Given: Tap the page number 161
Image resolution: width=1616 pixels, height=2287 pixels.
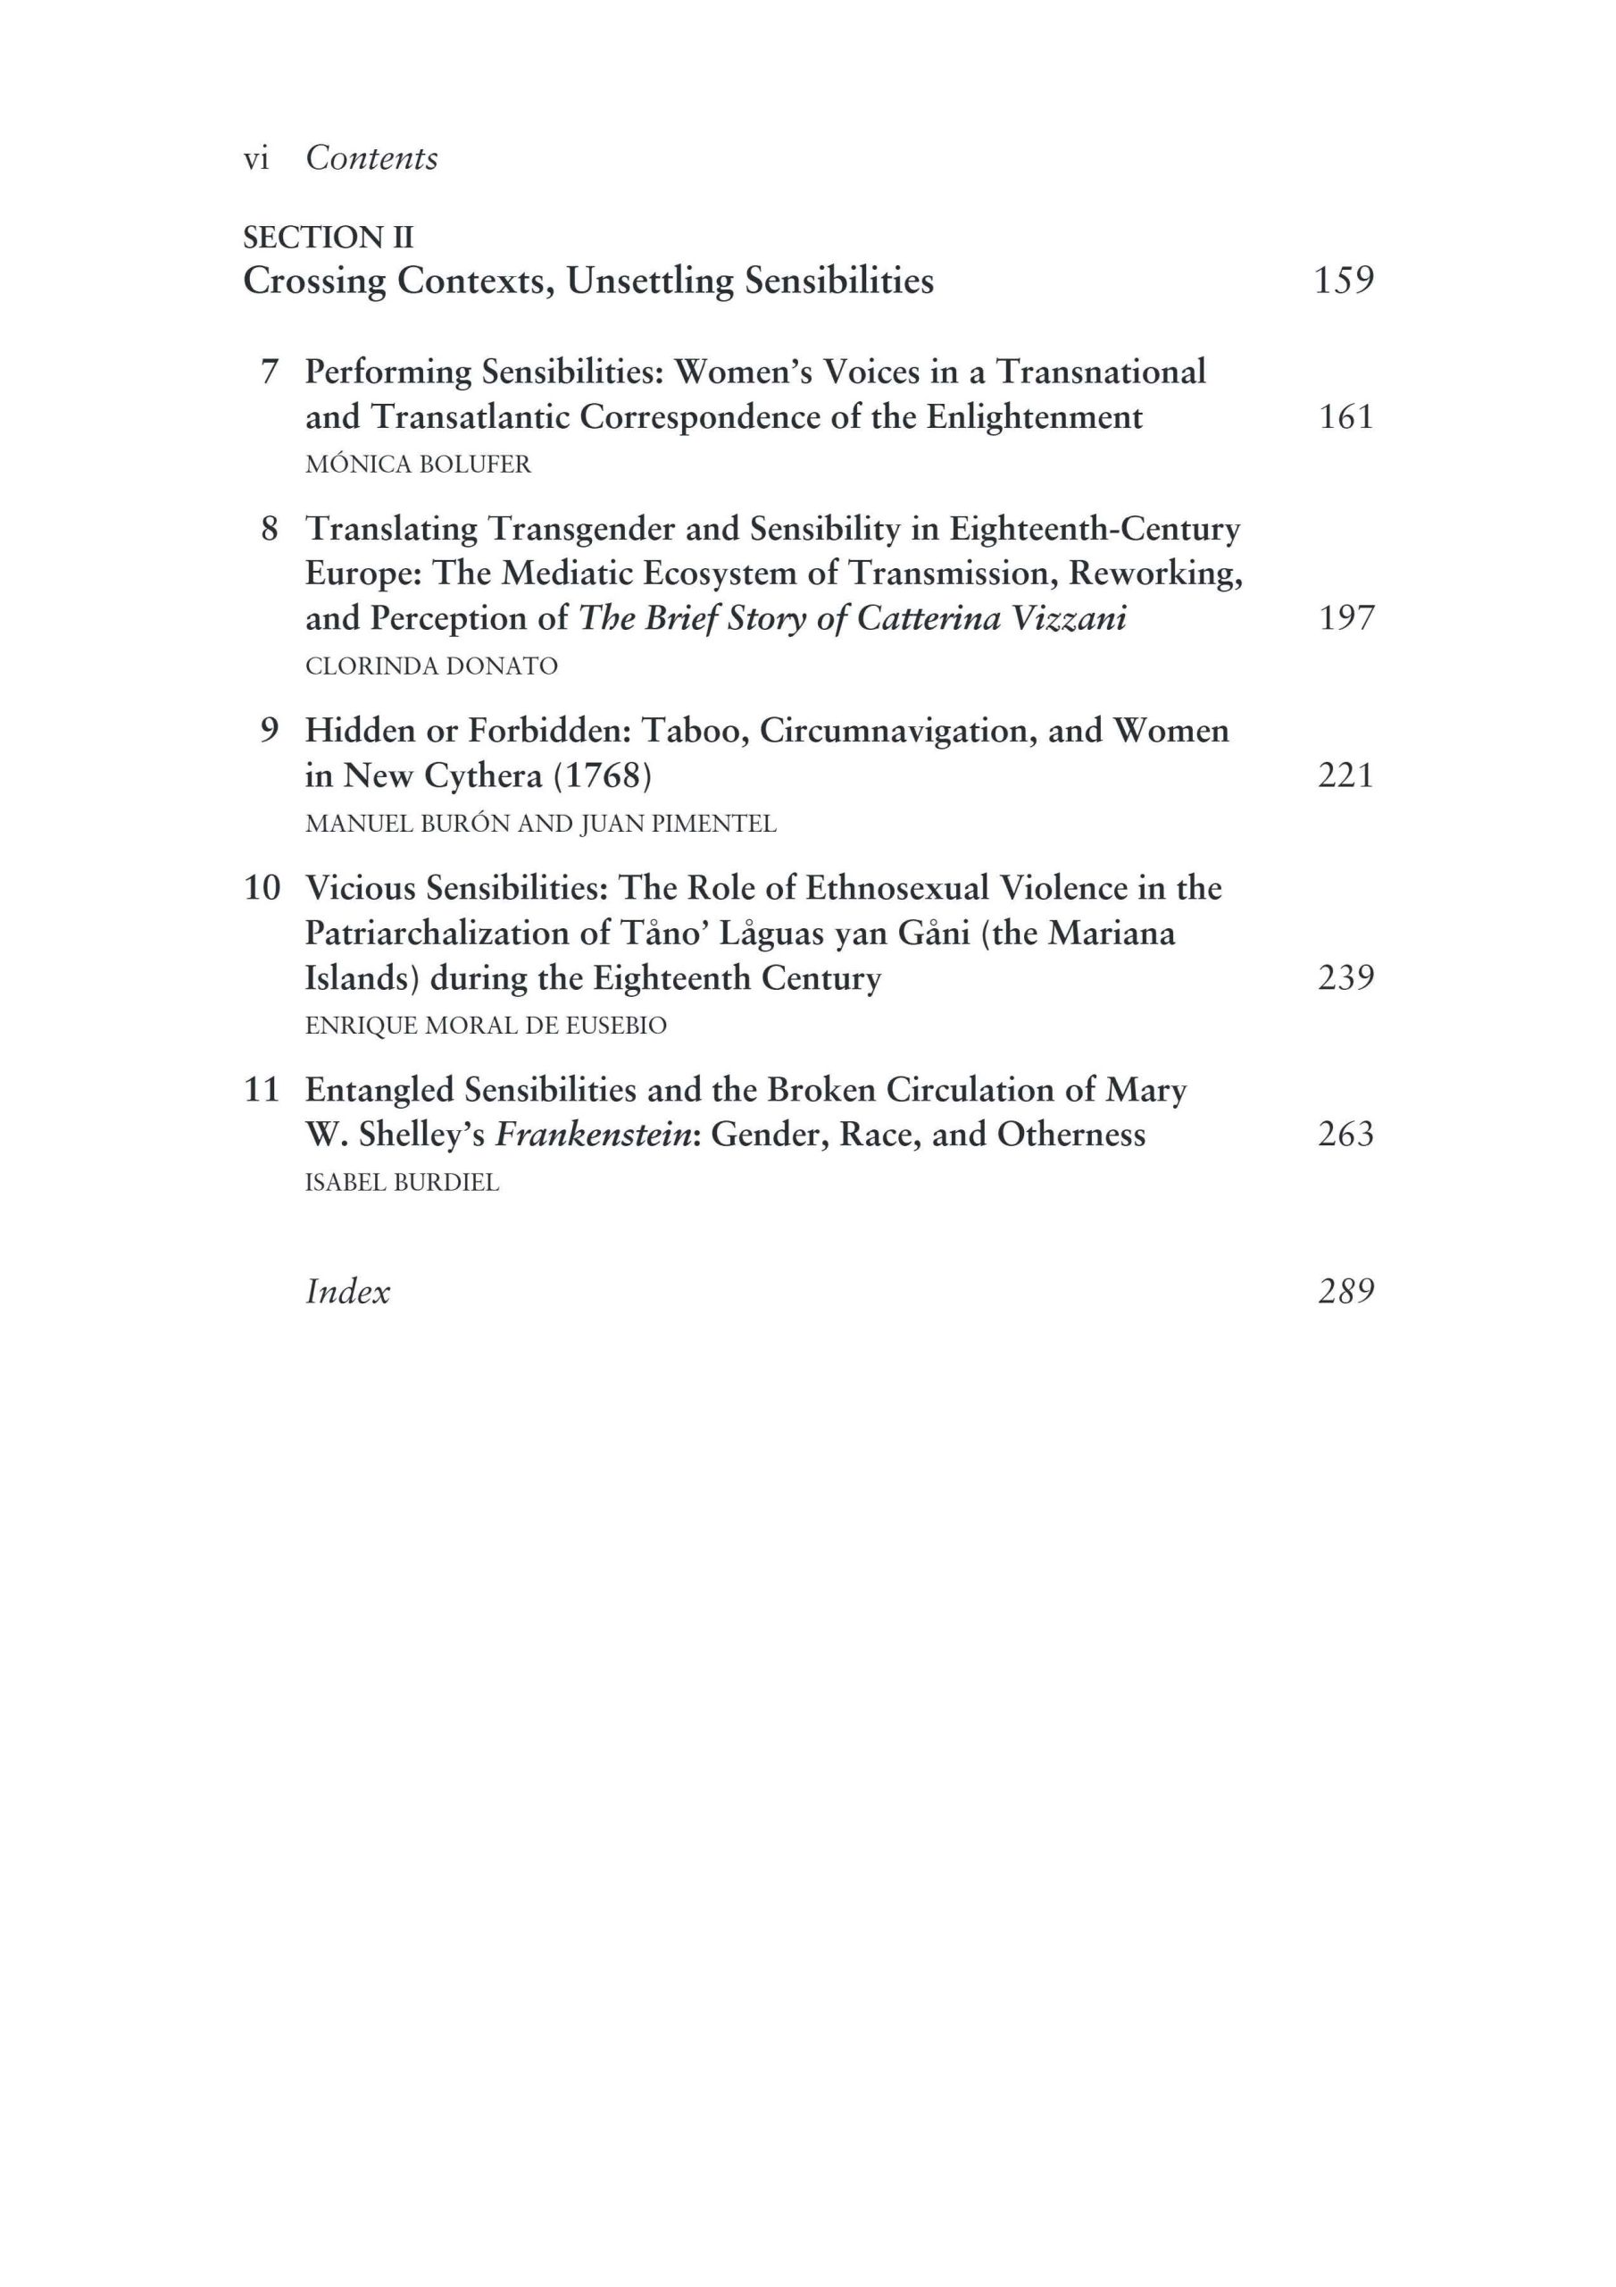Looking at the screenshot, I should click(x=1345, y=416).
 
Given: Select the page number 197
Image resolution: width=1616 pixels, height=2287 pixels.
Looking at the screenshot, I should click(x=1345, y=617).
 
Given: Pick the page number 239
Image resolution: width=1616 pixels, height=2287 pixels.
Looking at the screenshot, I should click(x=1345, y=977).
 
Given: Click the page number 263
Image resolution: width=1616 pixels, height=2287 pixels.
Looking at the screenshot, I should click(x=1345, y=1134).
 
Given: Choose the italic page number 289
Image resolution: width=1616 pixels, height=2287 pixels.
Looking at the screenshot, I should click(x=1345, y=1291).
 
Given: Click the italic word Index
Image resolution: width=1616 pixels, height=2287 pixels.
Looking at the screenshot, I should click(x=347, y=1291).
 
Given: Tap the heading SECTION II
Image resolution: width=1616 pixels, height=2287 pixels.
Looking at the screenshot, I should click(x=328, y=237).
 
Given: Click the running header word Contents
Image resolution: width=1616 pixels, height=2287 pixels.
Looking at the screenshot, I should click(x=371, y=158).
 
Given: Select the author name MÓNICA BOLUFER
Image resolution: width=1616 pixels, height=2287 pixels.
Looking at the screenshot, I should click(x=418, y=465).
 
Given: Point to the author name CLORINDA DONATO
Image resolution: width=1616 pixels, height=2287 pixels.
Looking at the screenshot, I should click(x=431, y=666).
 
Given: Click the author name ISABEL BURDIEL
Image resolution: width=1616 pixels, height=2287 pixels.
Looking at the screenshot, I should click(x=403, y=1182).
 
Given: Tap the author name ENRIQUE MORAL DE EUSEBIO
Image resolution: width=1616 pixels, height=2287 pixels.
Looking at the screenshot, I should click(x=486, y=1025).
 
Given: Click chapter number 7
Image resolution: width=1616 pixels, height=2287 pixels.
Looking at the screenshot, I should click(x=269, y=372).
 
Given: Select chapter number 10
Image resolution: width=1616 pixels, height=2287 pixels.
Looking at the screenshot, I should click(x=262, y=887).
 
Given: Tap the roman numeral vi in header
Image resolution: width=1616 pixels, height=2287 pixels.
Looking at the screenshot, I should click(x=256, y=159).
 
